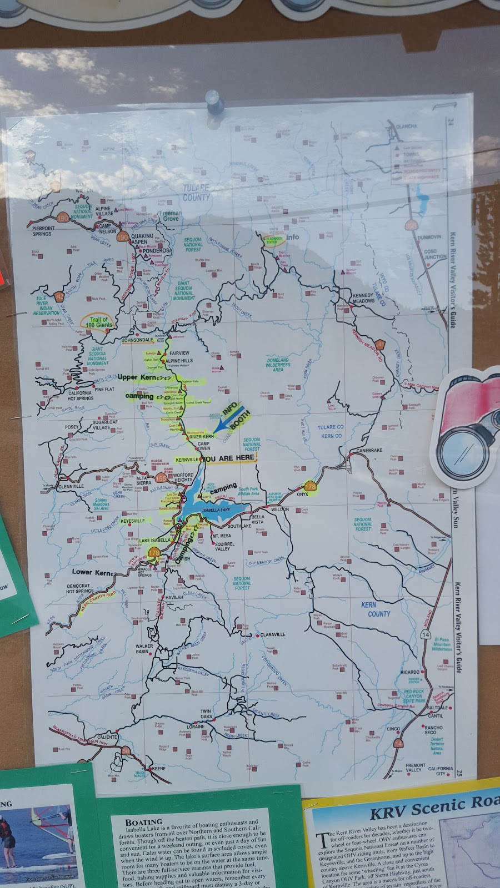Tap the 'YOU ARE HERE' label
[x=228, y=459]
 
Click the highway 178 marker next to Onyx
[x=310, y=487]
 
